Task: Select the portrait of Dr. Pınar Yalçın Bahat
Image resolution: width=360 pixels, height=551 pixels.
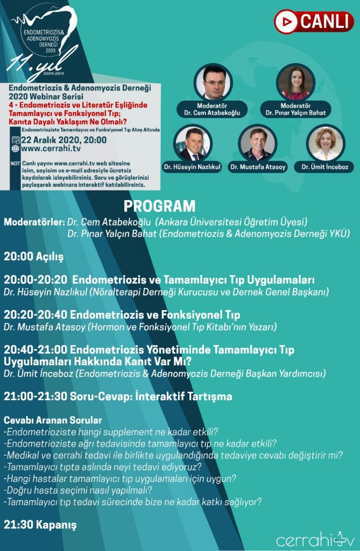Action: pos(295,82)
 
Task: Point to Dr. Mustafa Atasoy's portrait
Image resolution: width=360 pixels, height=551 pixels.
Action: pos(258,144)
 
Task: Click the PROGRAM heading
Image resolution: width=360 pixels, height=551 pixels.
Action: pos(159,206)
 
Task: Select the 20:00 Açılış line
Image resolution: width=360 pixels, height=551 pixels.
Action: pos(33,257)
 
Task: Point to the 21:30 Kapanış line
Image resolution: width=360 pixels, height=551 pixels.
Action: pos(40,525)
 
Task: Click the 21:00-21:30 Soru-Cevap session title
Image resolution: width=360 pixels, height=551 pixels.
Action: pos(118,397)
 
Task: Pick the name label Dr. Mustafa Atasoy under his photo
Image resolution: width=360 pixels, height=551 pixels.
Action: pos(258,167)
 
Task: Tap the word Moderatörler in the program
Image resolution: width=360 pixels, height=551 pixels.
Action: pos(34,222)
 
